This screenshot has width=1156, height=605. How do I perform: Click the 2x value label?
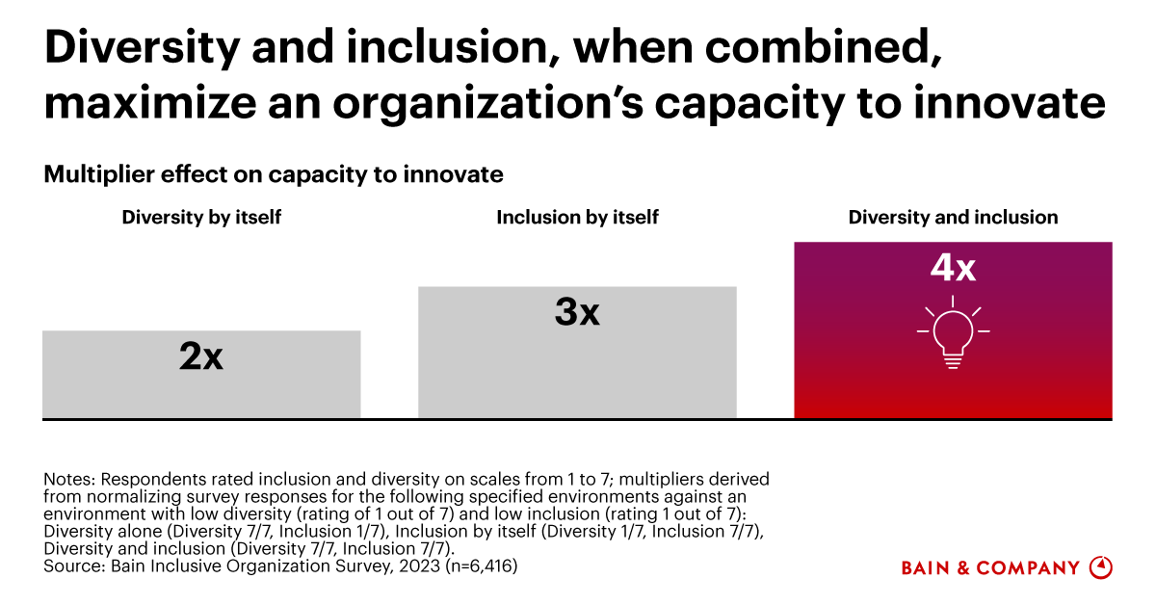(201, 357)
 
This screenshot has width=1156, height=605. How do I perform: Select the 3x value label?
(577, 312)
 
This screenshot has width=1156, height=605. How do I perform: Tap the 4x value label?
(953, 267)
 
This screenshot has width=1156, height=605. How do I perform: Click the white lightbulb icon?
(953, 336)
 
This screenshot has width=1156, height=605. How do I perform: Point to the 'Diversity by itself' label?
(201, 218)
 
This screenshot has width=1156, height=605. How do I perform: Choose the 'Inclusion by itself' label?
(577, 218)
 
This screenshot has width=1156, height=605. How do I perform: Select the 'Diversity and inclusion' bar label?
(953, 218)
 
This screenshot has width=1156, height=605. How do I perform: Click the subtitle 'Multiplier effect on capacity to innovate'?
(274, 174)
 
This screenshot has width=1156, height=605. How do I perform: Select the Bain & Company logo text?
(990, 568)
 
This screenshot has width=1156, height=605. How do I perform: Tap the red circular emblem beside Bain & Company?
(1100, 567)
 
